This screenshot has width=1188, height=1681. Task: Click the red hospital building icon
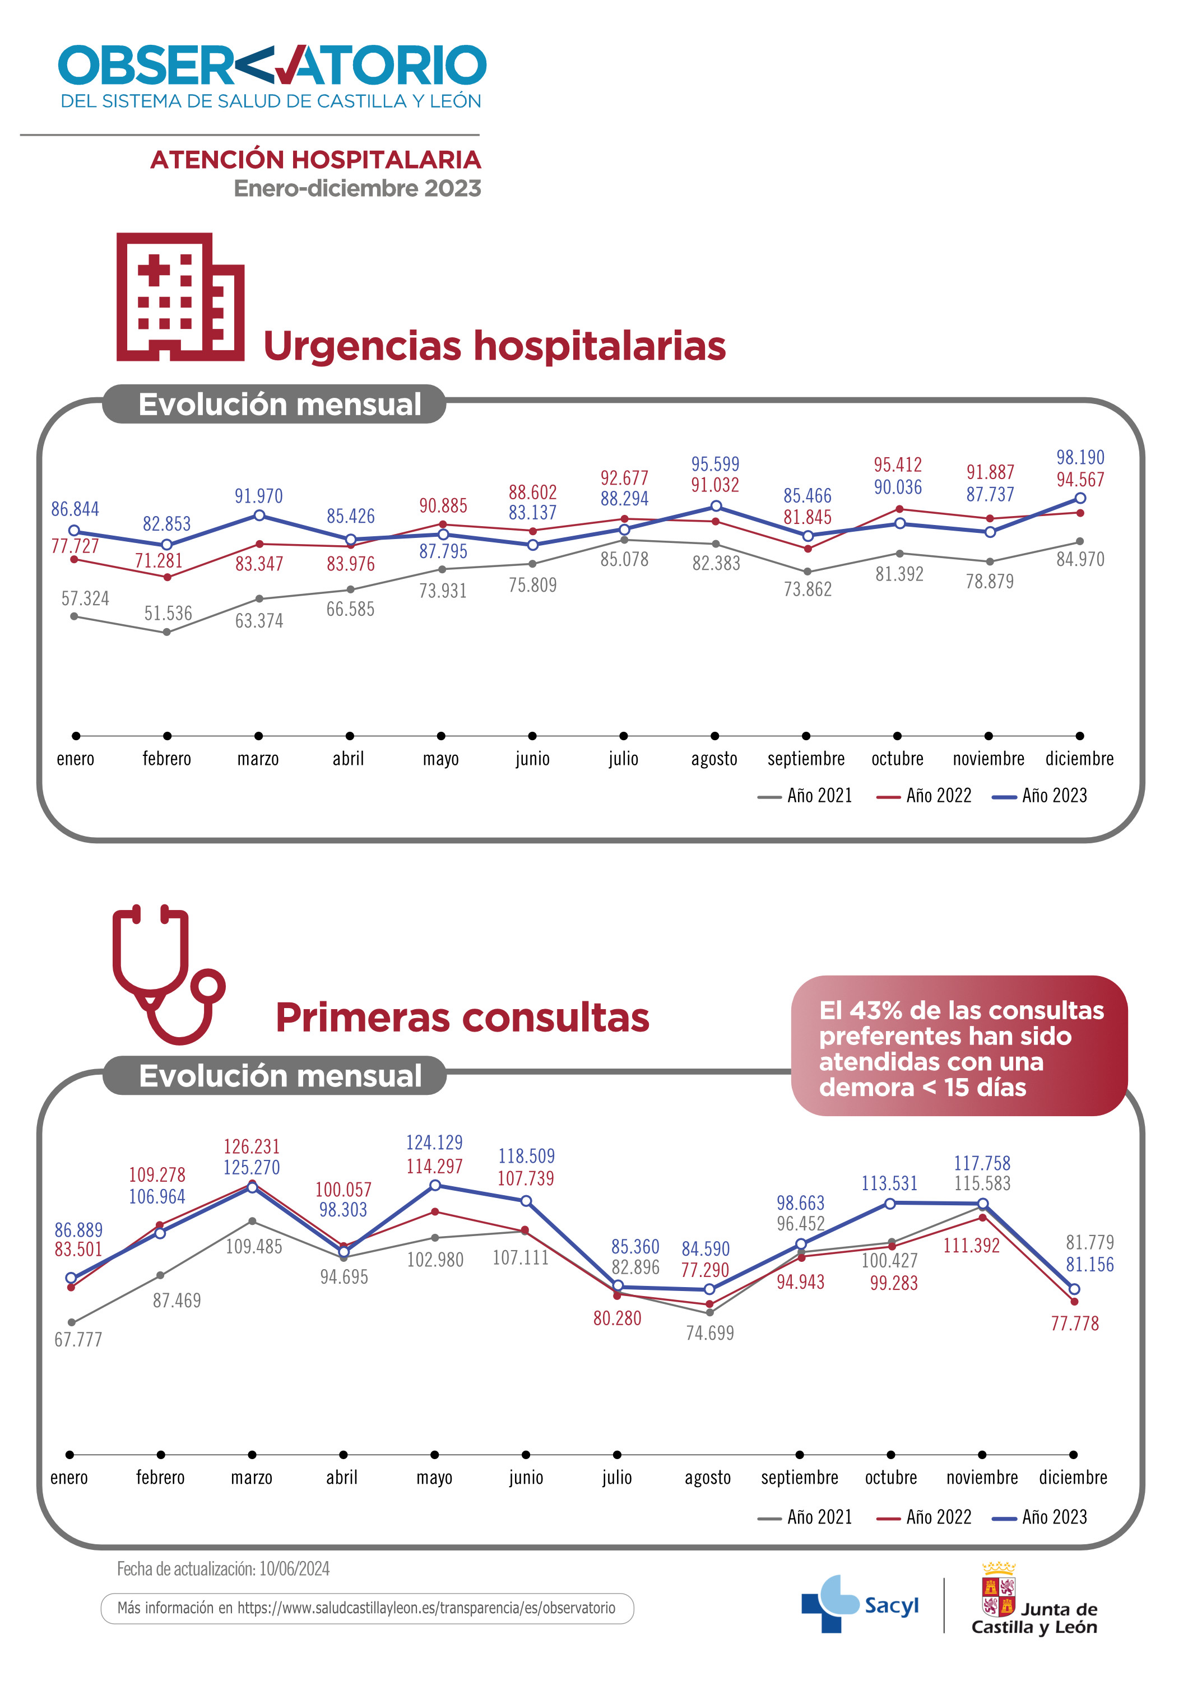(x=180, y=296)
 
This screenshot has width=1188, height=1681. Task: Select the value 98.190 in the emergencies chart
(x=1080, y=458)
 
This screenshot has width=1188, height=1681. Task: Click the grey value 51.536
(x=168, y=613)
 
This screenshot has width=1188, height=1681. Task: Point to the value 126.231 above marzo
(x=251, y=1146)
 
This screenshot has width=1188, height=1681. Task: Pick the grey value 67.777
(x=78, y=1340)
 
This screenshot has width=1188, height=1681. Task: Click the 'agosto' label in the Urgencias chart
(x=714, y=759)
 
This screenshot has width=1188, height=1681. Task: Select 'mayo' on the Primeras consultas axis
(x=434, y=1478)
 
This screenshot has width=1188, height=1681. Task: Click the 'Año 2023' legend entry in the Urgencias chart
(x=1039, y=796)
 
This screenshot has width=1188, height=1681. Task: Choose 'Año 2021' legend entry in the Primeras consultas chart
(x=805, y=1517)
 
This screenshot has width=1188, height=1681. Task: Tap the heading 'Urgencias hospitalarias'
(x=494, y=346)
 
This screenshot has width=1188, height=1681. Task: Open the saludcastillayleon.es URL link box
(x=366, y=1609)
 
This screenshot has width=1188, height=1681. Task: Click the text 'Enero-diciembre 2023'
(x=357, y=189)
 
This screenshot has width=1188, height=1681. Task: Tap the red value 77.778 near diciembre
(x=1075, y=1324)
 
